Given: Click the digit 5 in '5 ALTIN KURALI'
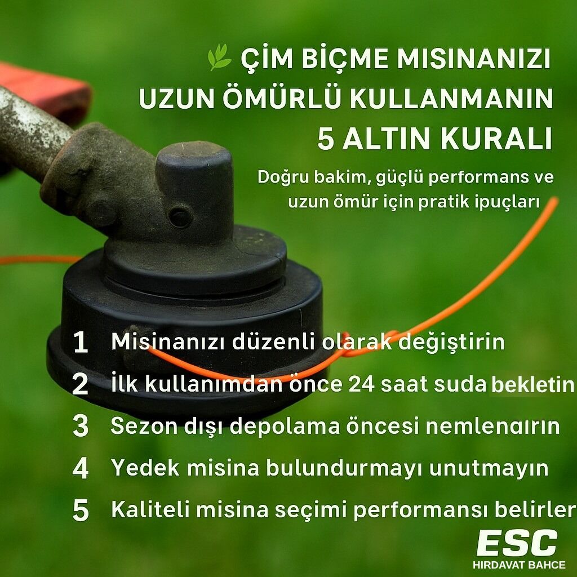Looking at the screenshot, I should point(326,140).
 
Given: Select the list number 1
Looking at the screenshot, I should point(81,343).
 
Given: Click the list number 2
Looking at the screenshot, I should point(81,385).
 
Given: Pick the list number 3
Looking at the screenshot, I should point(81,427).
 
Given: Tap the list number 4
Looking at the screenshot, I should point(81,468).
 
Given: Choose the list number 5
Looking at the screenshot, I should point(81,511).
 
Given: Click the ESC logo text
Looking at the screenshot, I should point(517,544).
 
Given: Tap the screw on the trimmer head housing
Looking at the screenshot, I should point(180,217).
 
